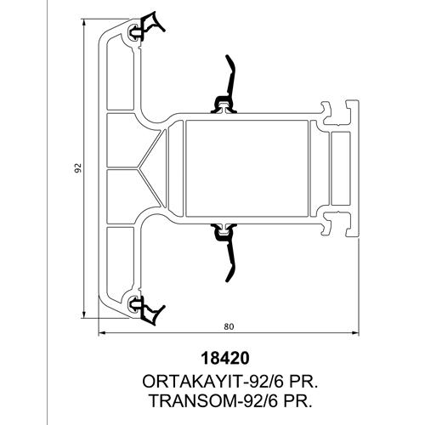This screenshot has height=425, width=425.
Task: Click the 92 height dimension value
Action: click(x=79, y=167)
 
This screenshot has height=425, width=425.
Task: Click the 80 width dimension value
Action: click(x=229, y=326)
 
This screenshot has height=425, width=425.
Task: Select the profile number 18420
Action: click(x=225, y=358)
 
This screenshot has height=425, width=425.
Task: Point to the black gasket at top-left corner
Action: click(x=147, y=28)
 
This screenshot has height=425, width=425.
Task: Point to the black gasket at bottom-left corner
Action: click(x=147, y=309)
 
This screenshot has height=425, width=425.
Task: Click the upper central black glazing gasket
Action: click(x=225, y=85)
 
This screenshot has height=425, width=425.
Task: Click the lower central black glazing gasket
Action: click(x=225, y=252)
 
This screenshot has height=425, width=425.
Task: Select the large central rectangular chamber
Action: click(x=246, y=168)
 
